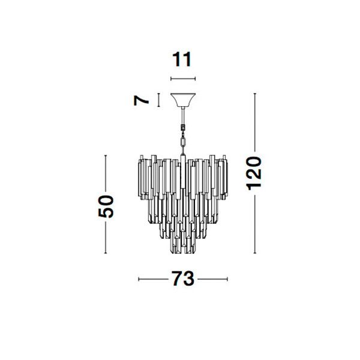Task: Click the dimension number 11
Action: pyautogui.click(x=182, y=59)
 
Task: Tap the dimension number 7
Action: pyautogui.click(x=141, y=100)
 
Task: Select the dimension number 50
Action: pyautogui.click(x=106, y=206)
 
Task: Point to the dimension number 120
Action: pyautogui.click(x=254, y=173)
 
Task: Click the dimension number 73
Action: pyautogui.click(x=183, y=279)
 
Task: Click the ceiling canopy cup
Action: pyautogui.click(x=183, y=100)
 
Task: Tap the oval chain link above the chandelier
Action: pyautogui.click(x=183, y=143)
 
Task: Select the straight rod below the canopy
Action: pyautogui.click(x=183, y=115)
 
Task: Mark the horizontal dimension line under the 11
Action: pyautogui.click(x=183, y=79)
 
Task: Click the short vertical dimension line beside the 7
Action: pyautogui.click(x=158, y=100)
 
